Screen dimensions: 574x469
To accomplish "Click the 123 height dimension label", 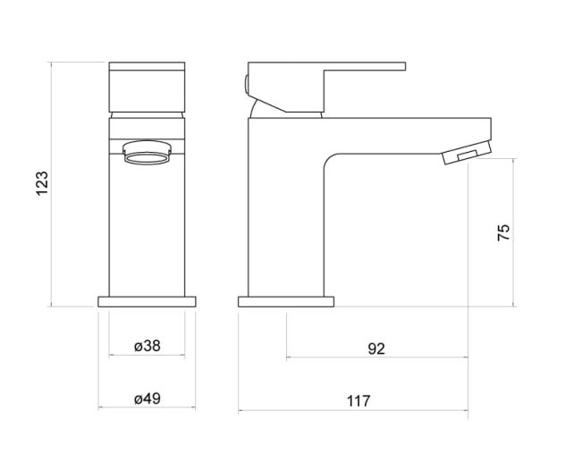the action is (x=42, y=184).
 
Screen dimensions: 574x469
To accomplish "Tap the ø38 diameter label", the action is (x=148, y=346).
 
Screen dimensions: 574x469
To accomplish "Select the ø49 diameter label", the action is (x=148, y=398).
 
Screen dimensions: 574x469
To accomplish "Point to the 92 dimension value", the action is (x=376, y=348).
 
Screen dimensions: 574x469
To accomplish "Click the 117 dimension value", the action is (x=359, y=401).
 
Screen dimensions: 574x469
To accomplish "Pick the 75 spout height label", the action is (x=503, y=232).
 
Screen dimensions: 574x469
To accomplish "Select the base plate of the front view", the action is (x=147, y=302).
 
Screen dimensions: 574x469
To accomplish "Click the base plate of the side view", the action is (x=286, y=302).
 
